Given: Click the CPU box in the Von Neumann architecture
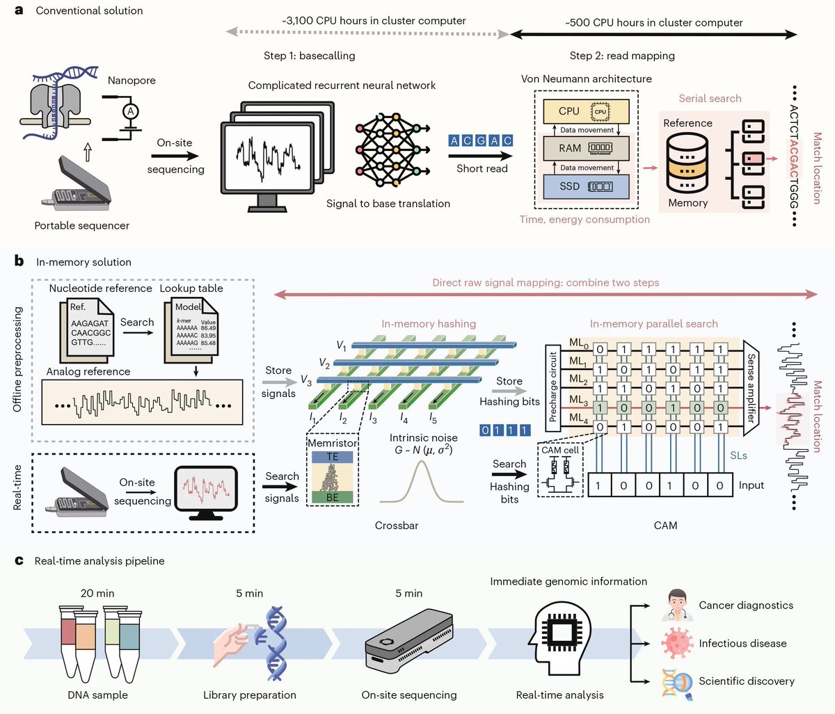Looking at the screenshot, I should (586, 111).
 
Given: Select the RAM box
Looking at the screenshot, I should (586, 148).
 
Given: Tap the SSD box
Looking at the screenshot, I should (586, 186).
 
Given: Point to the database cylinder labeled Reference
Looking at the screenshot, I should (687, 163).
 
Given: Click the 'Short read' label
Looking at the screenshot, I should (482, 168).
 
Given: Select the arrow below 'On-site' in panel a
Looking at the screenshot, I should (175, 156).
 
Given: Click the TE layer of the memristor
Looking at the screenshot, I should (333, 457).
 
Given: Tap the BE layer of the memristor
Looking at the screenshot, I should (333, 497).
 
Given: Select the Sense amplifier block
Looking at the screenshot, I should (751, 388).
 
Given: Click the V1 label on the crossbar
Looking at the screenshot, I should (341, 346).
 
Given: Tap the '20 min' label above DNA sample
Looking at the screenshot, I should (97, 593).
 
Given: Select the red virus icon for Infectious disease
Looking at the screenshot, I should (677, 643).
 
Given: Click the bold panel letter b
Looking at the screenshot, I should (19, 261).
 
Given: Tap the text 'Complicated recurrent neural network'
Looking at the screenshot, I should (342, 86).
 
